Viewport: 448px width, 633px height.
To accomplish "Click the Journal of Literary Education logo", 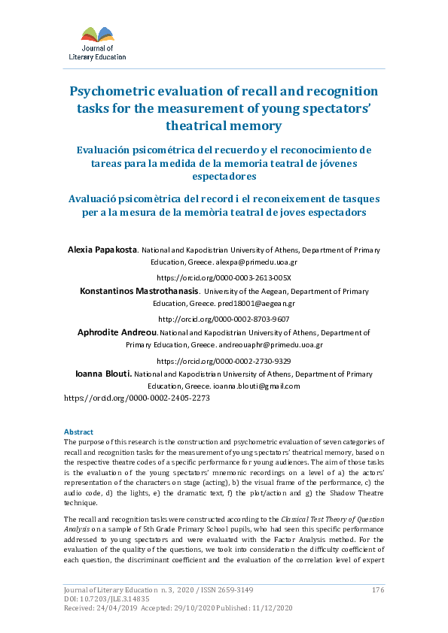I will pos(103,43).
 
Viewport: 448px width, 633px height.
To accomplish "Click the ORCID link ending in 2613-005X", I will pos(224,277).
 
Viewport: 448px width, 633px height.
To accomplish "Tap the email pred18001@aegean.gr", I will pos(258,304).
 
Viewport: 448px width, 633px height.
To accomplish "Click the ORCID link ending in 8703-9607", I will pos(224,318).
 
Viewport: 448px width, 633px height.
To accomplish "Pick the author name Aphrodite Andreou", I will pos(117,332).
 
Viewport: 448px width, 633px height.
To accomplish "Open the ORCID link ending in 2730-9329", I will pos(224,359).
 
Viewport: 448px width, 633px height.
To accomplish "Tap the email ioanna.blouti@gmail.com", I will pos(257,386).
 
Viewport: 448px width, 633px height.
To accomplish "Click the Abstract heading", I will pos(78,432).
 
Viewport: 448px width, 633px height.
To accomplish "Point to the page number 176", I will pos(378,590).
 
